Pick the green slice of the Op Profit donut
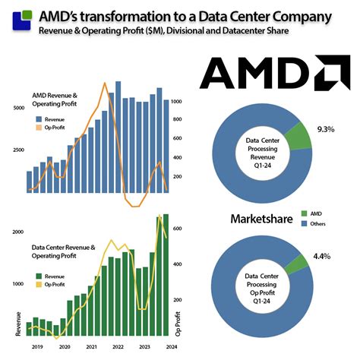[x=297, y=262]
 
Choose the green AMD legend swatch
[x=306, y=213]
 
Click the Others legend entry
[x=320, y=223]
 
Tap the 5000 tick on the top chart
[x=19, y=108]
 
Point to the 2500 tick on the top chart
[x=19, y=150]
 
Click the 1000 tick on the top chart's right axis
[x=178, y=101]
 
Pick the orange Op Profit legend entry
[x=55, y=128]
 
